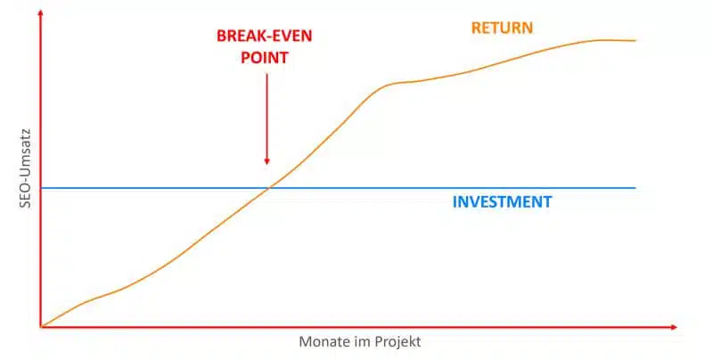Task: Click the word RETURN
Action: (502, 28)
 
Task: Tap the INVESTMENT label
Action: (502, 201)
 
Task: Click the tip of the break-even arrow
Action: (266, 164)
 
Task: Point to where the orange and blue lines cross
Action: (269, 187)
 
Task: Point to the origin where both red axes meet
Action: (41, 327)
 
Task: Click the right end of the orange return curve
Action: (635, 41)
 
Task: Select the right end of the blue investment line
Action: (635, 188)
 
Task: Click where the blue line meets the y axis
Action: (41, 188)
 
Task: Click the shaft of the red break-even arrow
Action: (266, 116)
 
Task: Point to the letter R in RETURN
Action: (476, 28)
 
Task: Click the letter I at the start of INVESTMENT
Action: (455, 201)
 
